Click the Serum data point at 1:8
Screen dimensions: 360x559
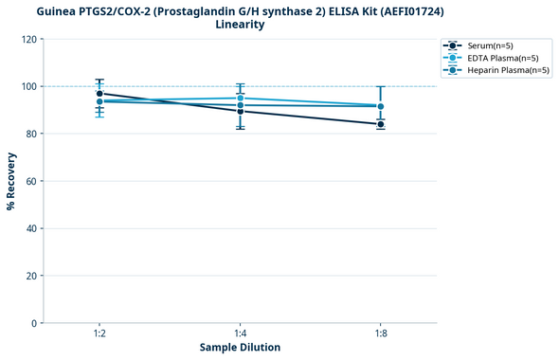click(x=380, y=124)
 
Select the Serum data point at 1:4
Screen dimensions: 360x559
click(x=240, y=111)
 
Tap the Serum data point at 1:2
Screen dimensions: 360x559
click(x=99, y=94)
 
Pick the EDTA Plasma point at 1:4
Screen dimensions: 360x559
click(x=240, y=99)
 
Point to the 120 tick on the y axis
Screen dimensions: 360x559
click(x=29, y=40)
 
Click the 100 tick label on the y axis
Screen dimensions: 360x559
click(x=29, y=87)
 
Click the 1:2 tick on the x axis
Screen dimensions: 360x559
click(x=99, y=333)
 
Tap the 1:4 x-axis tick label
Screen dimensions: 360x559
click(x=240, y=333)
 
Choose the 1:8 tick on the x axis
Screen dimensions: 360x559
click(x=380, y=333)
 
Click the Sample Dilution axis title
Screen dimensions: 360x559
click(x=240, y=348)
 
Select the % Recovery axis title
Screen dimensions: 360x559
click(x=11, y=181)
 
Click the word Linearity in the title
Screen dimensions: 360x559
click(x=240, y=25)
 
